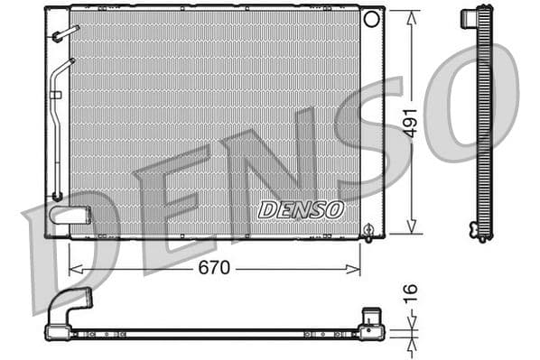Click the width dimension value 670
click(x=214, y=267)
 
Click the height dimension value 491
click(x=410, y=122)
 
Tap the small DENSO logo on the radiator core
click(x=301, y=209)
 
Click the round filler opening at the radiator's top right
click(x=370, y=19)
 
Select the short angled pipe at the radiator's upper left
click(x=66, y=33)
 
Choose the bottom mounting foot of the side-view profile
click(x=479, y=232)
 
